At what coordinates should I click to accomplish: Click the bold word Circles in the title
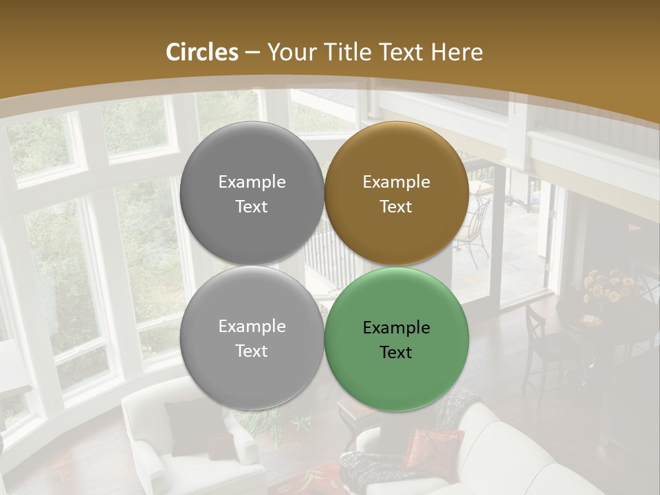click(201, 52)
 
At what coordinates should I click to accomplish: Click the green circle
click(397, 339)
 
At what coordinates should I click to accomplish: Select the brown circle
click(397, 194)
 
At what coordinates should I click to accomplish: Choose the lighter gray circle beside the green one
click(252, 339)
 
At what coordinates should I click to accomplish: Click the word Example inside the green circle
click(397, 327)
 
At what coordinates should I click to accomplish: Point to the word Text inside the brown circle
click(396, 207)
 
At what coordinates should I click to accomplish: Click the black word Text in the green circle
click(396, 352)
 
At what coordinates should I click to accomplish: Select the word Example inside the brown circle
click(397, 182)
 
